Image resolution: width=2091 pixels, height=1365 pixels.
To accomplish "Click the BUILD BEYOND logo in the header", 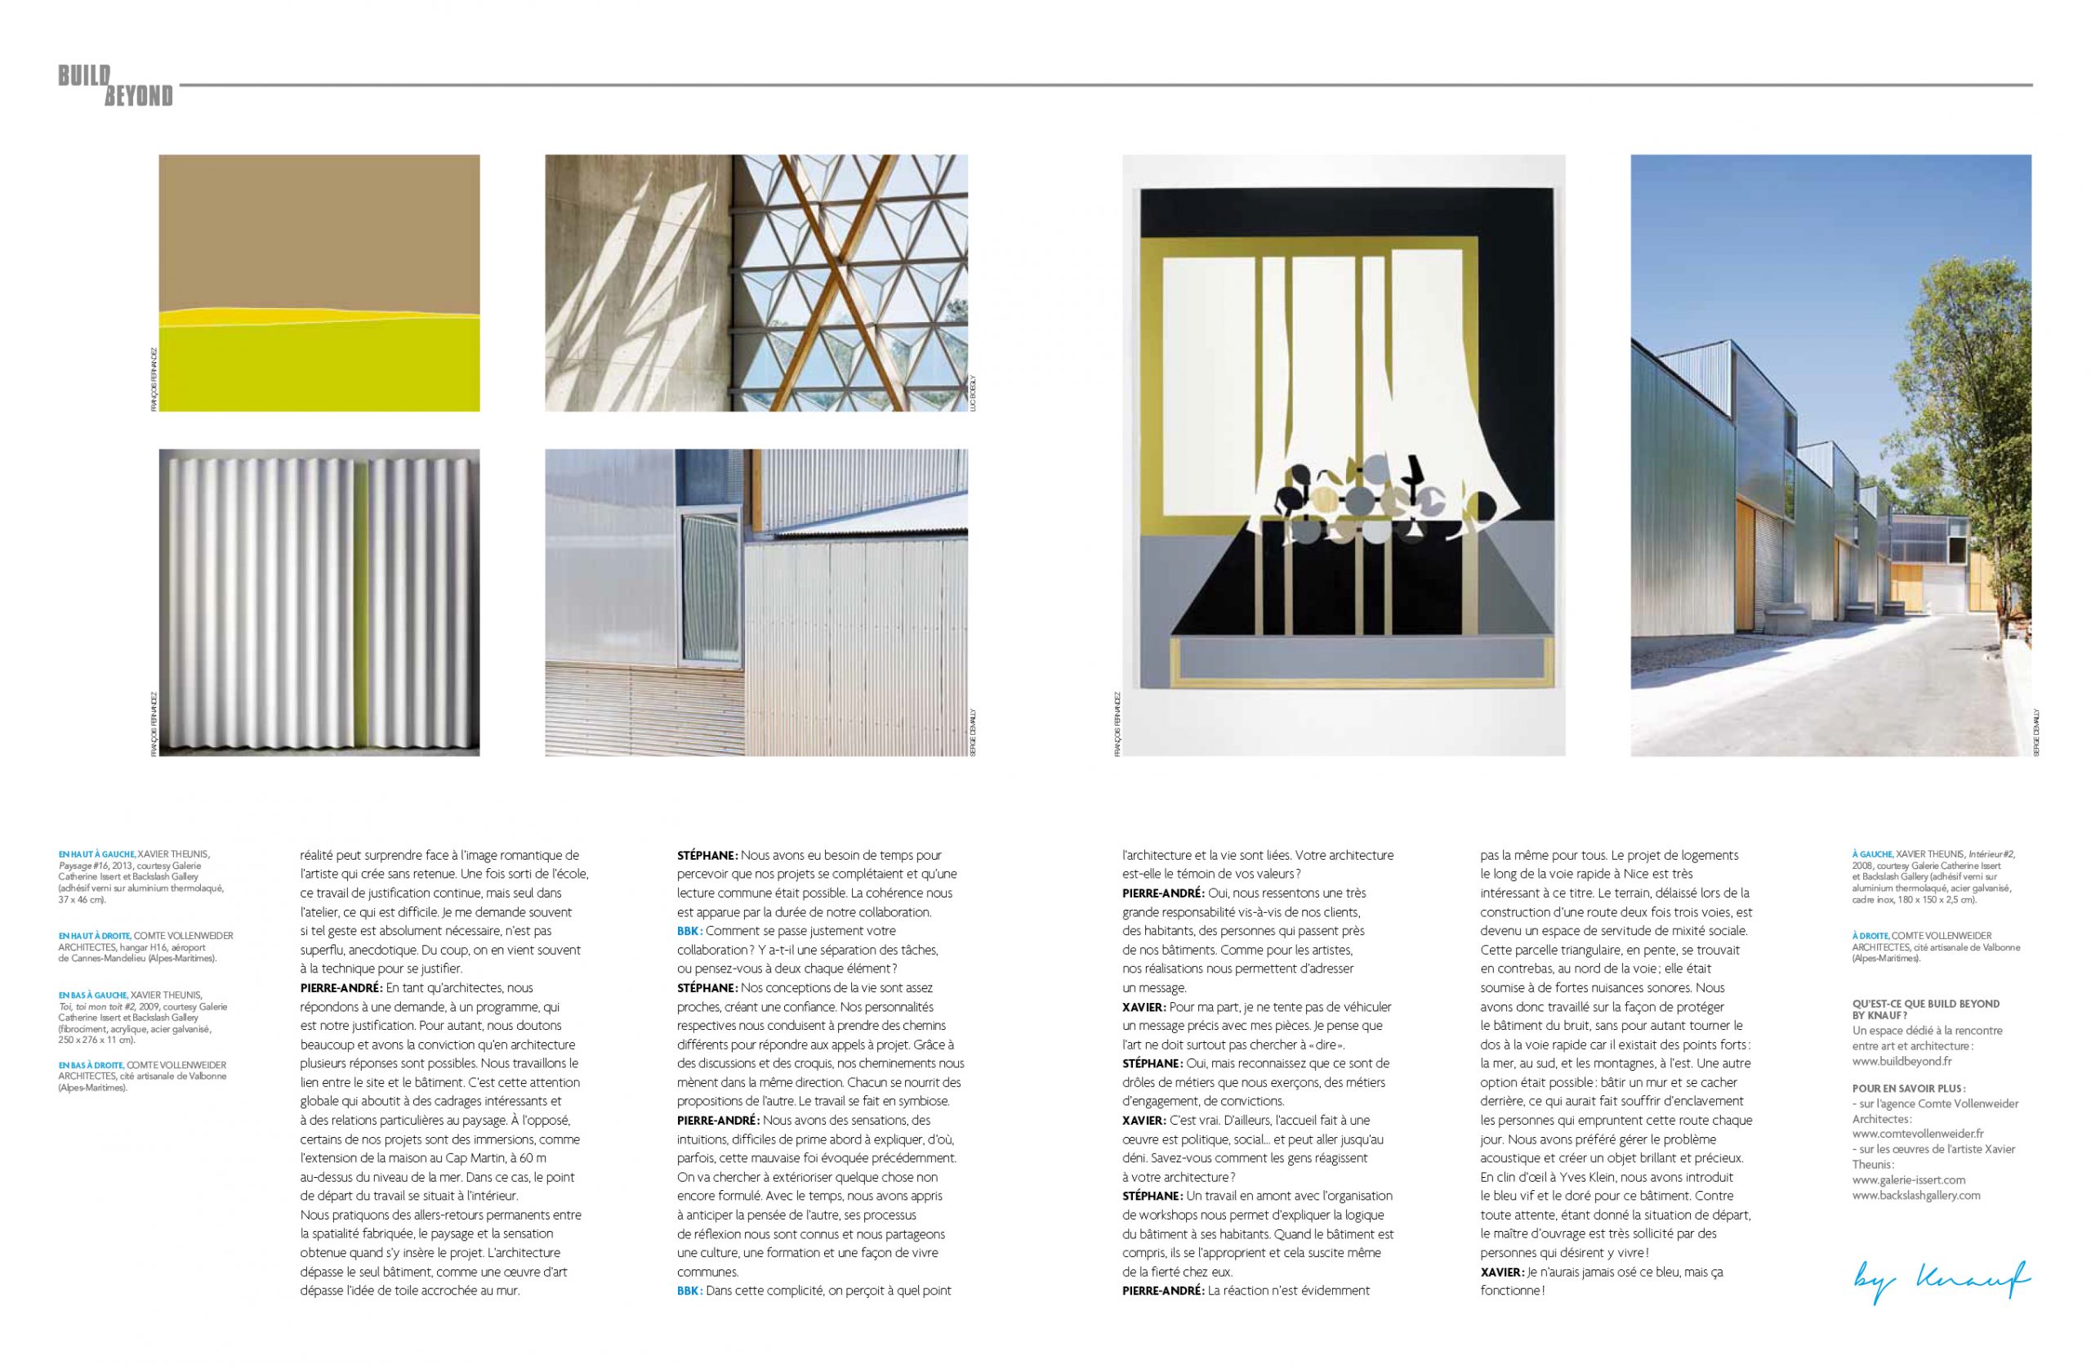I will (x=115, y=85).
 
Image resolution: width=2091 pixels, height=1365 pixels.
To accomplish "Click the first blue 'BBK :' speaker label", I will (x=689, y=930).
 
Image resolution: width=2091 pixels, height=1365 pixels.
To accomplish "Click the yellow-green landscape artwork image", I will (x=319, y=282).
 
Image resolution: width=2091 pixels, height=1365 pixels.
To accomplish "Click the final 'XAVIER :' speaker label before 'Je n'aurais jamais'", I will (x=1500, y=1272).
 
